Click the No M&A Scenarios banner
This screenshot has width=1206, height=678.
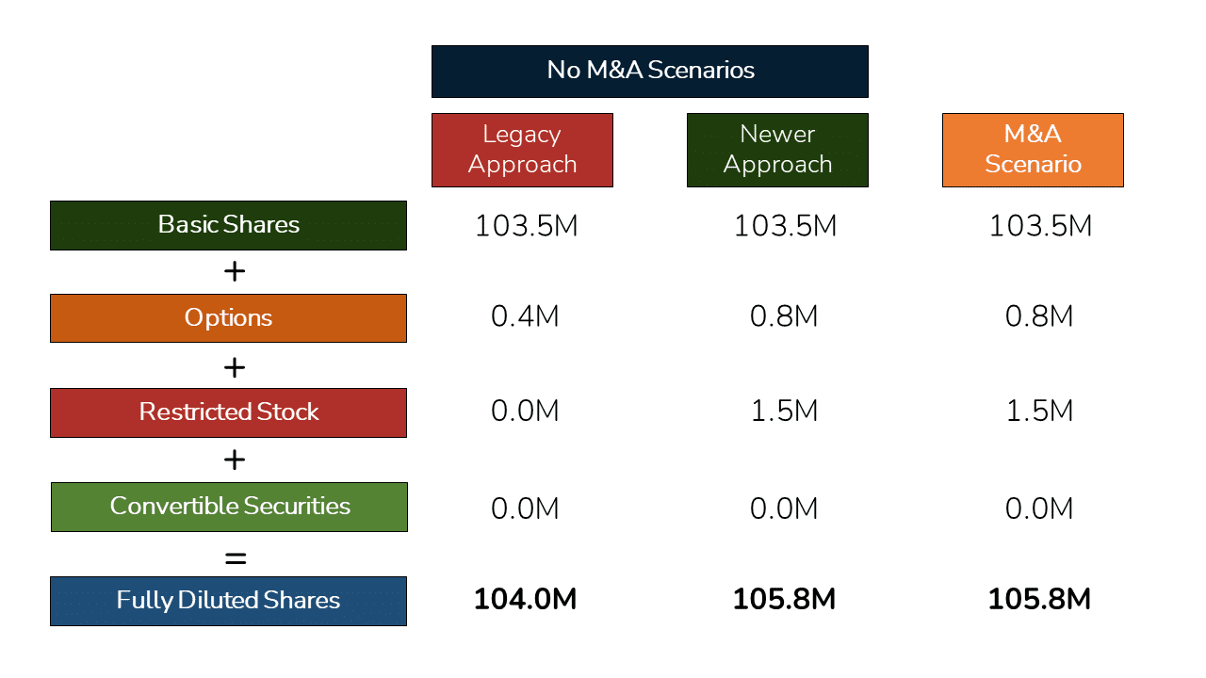[x=649, y=71]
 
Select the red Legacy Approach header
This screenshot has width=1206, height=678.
[x=522, y=150]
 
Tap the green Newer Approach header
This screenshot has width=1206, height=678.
[x=777, y=150]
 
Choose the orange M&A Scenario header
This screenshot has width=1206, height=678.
[x=1033, y=150]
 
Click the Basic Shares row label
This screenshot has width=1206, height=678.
[x=228, y=225]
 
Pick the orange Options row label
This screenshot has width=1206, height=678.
[x=228, y=318]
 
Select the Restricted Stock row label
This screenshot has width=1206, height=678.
[x=228, y=412]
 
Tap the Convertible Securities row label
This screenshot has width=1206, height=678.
[x=229, y=507]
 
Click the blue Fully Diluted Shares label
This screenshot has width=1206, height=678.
[x=228, y=601]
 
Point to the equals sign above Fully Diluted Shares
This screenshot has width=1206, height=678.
[x=235, y=557]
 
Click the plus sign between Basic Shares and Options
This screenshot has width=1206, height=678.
[x=235, y=272]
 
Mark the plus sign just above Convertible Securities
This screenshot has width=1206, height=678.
[x=235, y=460]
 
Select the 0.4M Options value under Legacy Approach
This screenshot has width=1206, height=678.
[x=525, y=316]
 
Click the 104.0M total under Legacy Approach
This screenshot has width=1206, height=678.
[x=525, y=599]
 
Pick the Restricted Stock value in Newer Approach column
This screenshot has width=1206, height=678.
[x=784, y=411]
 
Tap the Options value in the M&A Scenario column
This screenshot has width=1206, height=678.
[x=1039, y=316]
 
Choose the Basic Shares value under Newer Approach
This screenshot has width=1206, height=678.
[x=784, y=226]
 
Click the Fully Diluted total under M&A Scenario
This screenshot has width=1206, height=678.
[x=1039, y=599]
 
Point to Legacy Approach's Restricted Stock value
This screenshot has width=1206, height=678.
[x=525, y=411]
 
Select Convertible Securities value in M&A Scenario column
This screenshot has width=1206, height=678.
[x=1039, y=508]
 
